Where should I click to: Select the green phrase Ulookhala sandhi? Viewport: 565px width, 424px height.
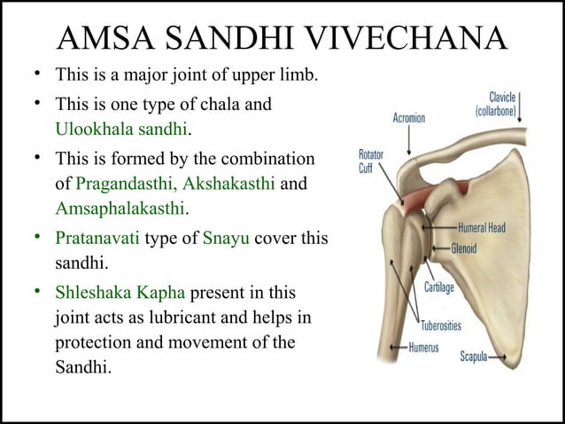pyautogui.click(x=122, y=129)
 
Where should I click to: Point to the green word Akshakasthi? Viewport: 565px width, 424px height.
pyautogui.click(x=233, y=185)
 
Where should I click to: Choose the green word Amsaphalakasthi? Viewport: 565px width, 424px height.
pyautogui.click(x=120, y=208)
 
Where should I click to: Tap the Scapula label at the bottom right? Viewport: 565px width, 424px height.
pyautogui.click(x=480, y=357)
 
